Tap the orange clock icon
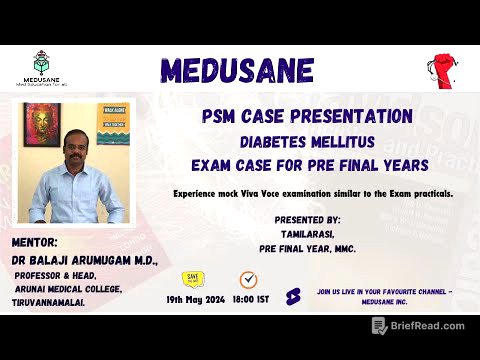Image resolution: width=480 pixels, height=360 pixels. coord(247,279)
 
